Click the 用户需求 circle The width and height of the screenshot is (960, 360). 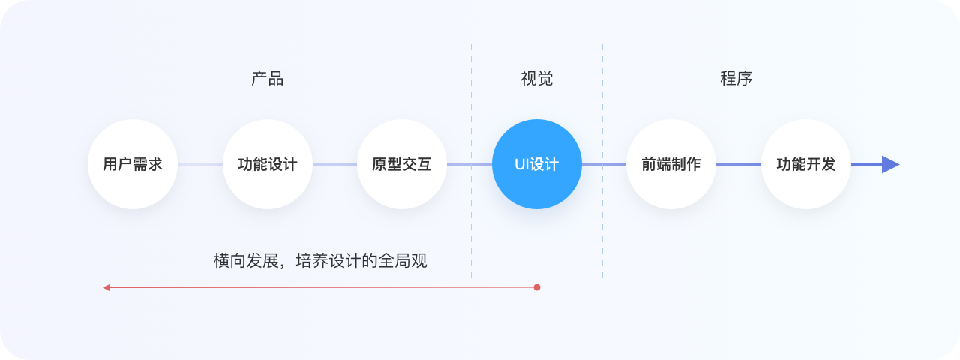point(133,164)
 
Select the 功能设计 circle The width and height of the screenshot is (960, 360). point(268,164)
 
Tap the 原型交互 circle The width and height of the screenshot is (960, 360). point(402,164)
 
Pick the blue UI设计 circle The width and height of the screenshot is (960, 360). point(537,164)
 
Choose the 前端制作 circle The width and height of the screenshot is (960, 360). point(671,164)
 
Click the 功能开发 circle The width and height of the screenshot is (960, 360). point(806,164)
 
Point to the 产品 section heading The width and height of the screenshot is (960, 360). point(268,79)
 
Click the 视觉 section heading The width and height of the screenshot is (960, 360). point(537,79)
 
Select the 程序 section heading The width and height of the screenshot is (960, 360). point(736,79)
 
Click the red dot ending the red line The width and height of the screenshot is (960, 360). point(537,287)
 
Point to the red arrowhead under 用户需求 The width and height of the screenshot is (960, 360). point(106,287)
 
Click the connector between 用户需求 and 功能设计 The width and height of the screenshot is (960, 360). point(200,164)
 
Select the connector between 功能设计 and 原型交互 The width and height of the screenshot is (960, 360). point(334,164)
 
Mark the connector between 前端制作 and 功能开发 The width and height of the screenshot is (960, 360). point(739,164)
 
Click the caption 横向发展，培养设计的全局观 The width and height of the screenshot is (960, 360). point(320,261)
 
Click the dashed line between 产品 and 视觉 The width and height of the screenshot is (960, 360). point(472,225)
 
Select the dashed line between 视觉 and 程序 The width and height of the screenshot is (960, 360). point(602,225)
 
